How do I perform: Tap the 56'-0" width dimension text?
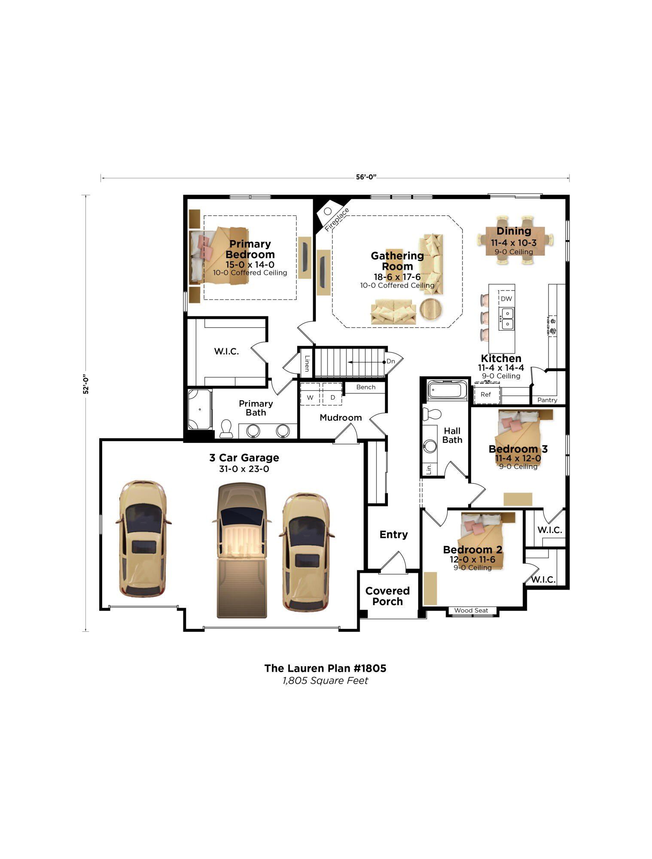(366, 177)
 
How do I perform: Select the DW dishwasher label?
(506, 299)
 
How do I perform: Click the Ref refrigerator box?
(486, 394)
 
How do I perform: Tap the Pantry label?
(547, 400)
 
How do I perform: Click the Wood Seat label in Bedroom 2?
(471, 610)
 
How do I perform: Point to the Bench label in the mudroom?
(366, 387)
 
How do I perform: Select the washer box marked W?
(310, 398)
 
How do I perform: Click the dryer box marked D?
(333, 398)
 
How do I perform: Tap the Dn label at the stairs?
(391, 361)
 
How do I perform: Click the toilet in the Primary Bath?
(226, 429)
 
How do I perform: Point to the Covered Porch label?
(387, 596)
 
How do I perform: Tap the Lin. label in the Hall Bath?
(429, 469)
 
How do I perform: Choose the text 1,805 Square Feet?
(325, 680)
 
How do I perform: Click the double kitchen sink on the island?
(507, 318)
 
